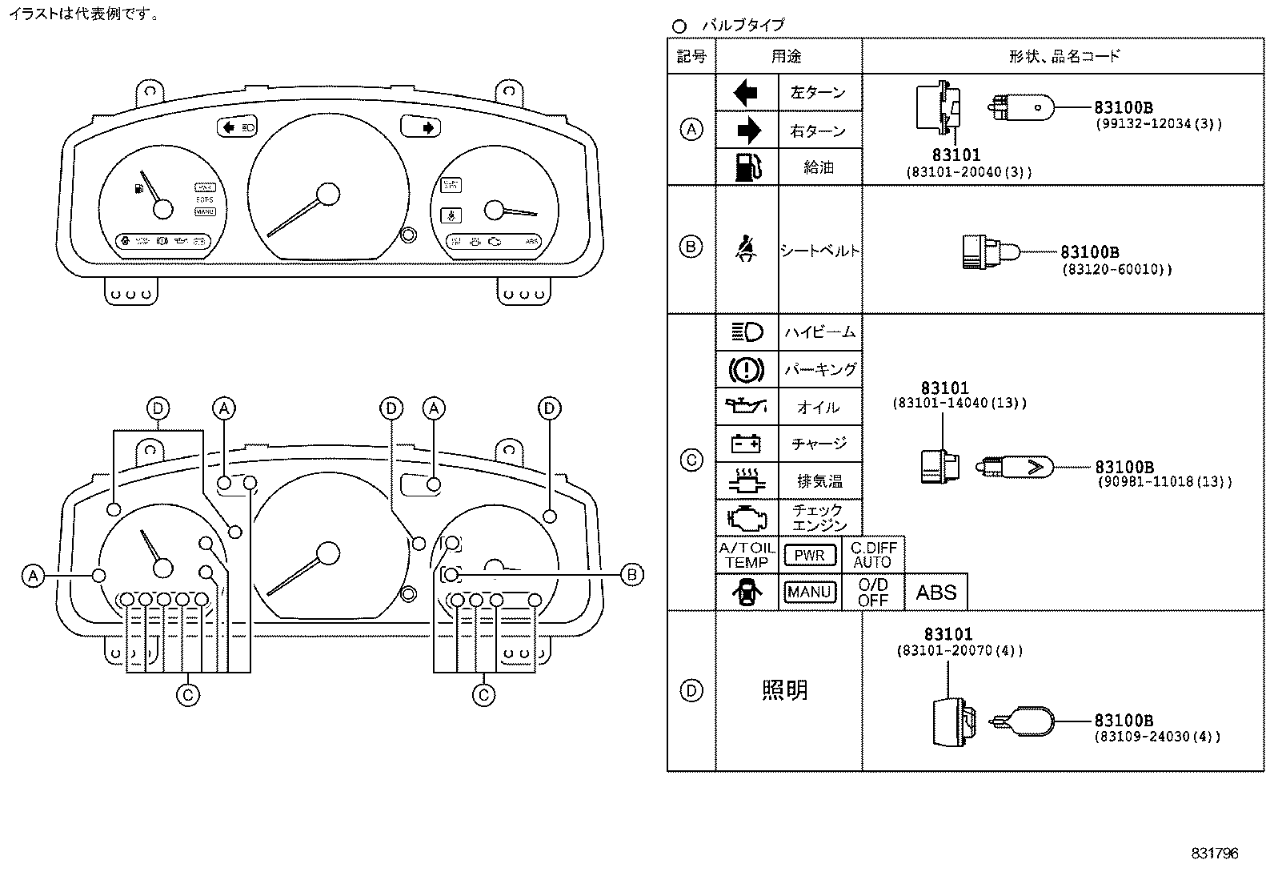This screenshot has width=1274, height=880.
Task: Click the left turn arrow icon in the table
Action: click(x=745, y=93)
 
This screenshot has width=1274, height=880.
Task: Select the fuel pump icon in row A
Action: click(x=747, y=167)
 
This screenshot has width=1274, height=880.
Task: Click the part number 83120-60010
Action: click(x=1117, y=270)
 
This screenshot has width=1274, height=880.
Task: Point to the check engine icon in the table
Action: click(x=747, y=517)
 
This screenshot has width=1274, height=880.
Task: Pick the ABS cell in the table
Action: click(x=935, y=593)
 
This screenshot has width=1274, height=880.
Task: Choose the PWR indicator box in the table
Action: click(x=810, y=555)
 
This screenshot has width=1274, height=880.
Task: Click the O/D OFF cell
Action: click(x=872, y=593)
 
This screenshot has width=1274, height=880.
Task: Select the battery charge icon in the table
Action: click(x=747, y=443)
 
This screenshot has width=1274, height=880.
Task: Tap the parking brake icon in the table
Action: click(x=747, y=369)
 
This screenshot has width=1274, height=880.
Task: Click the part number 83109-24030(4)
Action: click(x=1157, y=737)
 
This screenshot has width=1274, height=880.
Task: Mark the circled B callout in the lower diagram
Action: click(x=632, y=575)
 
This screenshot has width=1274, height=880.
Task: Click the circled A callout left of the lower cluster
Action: click(x=33, y=576)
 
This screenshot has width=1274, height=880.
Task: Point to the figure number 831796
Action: click(x=1214, y=854)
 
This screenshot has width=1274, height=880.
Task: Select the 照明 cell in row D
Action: click(x=785, y=690)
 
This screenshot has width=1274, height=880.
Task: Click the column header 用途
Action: click(x=787, y=56)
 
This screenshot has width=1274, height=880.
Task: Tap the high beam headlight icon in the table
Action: click(x=747, y=332)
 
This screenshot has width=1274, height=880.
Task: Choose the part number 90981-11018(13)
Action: click(x=1164, y=482)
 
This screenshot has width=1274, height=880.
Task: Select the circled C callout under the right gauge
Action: click(x=483, y=695)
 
